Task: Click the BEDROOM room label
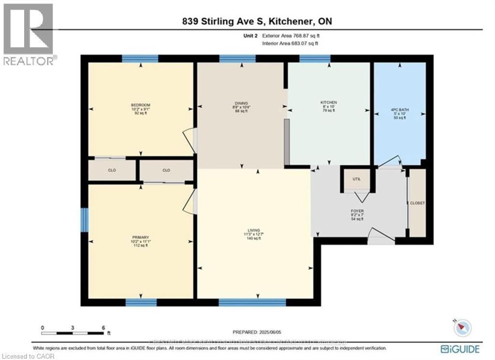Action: click(x=141, y=105)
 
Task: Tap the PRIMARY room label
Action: click(x=141, y=237)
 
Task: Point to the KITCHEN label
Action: click(x=329, y=102)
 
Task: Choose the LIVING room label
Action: click(x=254, y=230)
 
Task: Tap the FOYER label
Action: click(x=358, y=211)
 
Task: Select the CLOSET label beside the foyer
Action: click(x=417, y=203)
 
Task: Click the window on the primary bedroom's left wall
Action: click(x=84, y=219)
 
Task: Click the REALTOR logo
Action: click(x=29, y=34)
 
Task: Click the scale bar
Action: click(x=73, y=333)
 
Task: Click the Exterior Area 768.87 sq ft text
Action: click(x=290, y=35)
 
